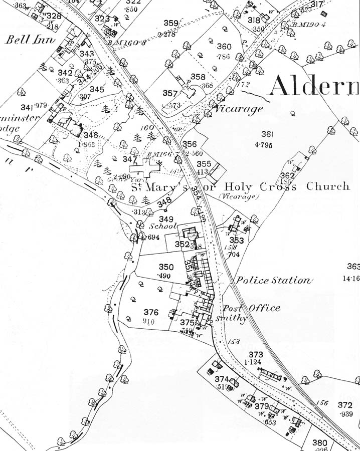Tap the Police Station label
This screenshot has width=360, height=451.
[x=273, y=281]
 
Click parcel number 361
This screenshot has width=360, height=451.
[x=267, y=134]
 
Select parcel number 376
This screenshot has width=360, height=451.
[x=151, y=312]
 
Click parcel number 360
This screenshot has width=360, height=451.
[x=224, y=47]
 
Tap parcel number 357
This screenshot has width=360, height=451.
[x=170, y=93]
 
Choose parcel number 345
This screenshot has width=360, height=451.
[x=97, y=89]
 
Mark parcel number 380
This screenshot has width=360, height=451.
[x=319, y=442]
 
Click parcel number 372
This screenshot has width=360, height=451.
[x=345, y=405]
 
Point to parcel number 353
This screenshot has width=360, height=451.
[x=237, y=241]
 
